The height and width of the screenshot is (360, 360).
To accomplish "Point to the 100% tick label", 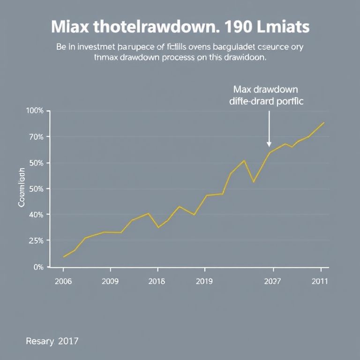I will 35,111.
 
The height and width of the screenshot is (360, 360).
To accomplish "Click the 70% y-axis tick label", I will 36,137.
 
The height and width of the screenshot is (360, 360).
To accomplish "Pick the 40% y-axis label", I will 36,215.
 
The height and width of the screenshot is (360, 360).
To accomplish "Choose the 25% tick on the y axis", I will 36,240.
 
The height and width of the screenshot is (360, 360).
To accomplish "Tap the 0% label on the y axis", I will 38,267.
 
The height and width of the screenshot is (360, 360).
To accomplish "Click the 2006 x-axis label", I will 63,281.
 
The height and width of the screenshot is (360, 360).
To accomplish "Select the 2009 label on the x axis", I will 110,281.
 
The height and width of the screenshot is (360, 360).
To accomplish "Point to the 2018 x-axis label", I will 157,281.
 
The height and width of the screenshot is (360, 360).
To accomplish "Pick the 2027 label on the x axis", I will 272,281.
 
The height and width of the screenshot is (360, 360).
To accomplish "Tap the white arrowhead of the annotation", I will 269,144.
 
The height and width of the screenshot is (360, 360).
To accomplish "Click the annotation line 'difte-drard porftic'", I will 266,101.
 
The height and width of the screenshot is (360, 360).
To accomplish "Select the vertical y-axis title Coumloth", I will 21,188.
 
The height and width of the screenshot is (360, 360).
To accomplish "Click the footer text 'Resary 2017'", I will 52,341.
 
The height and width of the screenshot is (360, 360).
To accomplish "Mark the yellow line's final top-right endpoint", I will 324,123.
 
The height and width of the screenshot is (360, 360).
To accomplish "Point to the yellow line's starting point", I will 64,257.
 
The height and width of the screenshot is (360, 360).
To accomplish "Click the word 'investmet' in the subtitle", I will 91,47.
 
